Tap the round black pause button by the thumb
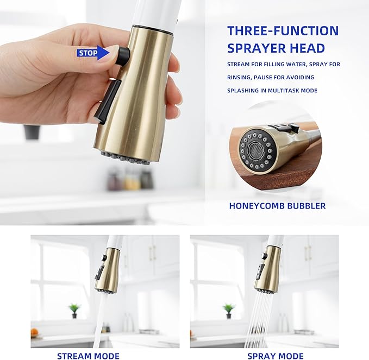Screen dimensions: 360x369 (123, 55)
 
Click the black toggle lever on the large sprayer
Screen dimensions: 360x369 (108, 100)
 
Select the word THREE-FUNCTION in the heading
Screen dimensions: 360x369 (283, 30)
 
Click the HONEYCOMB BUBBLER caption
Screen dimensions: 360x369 (277, 206)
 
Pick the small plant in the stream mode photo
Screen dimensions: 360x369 (74, 310)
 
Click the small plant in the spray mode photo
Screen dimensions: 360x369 (229, 310)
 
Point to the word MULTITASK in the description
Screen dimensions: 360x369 (293, 90)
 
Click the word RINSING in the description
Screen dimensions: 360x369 (238, 77)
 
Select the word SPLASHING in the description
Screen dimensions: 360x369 (243, 90)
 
